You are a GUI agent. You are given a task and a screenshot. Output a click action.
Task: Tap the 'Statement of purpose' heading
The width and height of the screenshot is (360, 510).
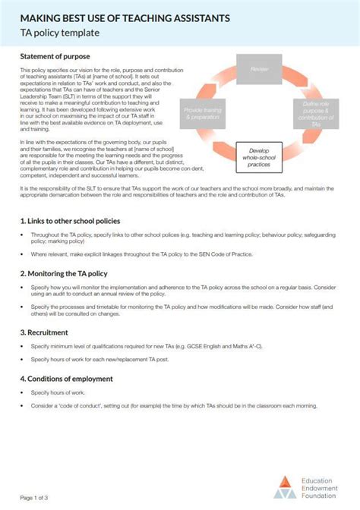55,57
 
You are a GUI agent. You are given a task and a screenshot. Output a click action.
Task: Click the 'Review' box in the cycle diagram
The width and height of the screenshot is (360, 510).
260,70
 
